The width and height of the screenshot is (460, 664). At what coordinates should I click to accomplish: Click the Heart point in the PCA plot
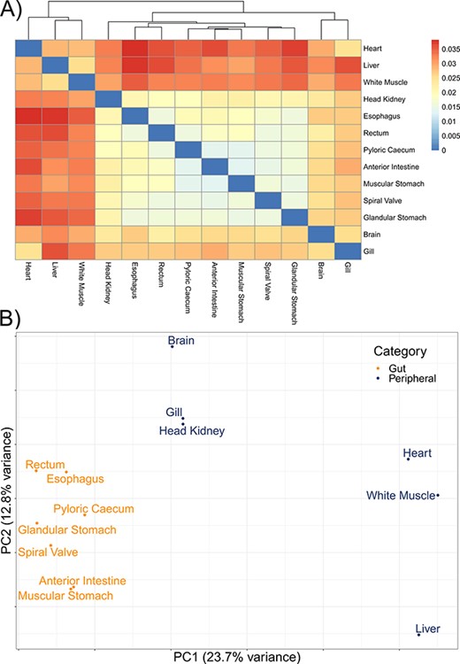tap(408, 459)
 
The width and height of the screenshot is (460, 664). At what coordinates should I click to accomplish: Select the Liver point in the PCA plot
tap(418, 634)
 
